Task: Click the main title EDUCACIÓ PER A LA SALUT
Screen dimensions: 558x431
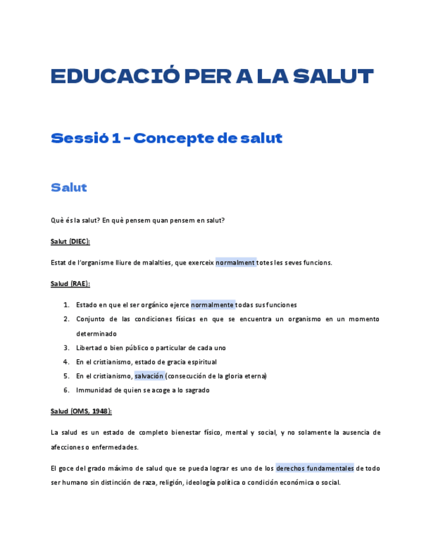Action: [212, 76]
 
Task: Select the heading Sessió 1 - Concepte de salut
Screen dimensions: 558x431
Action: [166, 138]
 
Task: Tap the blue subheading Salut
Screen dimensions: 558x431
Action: [69, 188]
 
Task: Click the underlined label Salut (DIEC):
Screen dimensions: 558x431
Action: [70, 241]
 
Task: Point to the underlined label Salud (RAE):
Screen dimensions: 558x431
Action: [70, 284]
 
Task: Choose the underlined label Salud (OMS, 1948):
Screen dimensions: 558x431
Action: [81, 411]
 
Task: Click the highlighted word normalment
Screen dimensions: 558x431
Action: [236, 263]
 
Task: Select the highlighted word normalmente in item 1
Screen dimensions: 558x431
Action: [213, 305]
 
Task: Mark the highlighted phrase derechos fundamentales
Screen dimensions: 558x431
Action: [315, 468]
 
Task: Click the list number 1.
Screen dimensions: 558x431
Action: [66, 305]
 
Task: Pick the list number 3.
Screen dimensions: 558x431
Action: [66, 347]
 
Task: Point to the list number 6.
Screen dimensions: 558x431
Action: [66, 390]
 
